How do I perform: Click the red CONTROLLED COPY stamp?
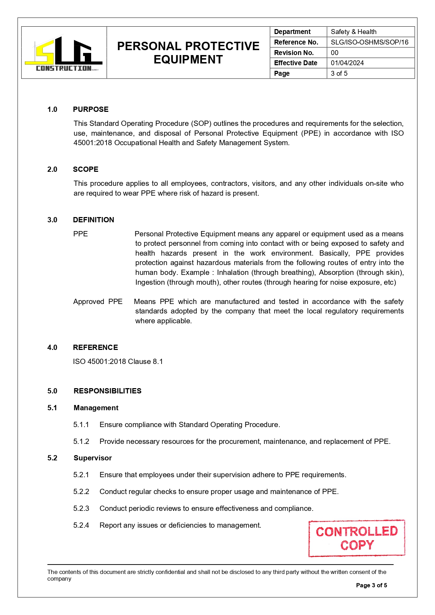(356, 538)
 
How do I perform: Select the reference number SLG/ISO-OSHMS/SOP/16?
(369, 42)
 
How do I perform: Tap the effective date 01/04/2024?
(347, 63)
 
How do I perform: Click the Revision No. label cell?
(294, 53)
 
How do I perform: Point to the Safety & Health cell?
(353, 32)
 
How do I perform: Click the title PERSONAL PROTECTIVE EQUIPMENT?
(188, 53)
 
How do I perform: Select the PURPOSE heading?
(90, 109)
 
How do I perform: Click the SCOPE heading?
(86, 169)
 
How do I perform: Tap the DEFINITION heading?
(93, 220)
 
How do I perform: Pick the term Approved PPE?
(98, 302)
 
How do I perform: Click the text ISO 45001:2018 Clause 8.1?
(118, 361)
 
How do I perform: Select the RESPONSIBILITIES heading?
(107, 391)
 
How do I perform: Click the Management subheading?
(96, 408)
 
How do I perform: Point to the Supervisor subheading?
(93, 458)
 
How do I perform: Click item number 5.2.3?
(81, 508)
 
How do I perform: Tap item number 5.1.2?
(81, 441)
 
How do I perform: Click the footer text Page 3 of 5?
(371, 585)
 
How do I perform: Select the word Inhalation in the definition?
(233, 272)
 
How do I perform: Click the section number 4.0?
(52, 347)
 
